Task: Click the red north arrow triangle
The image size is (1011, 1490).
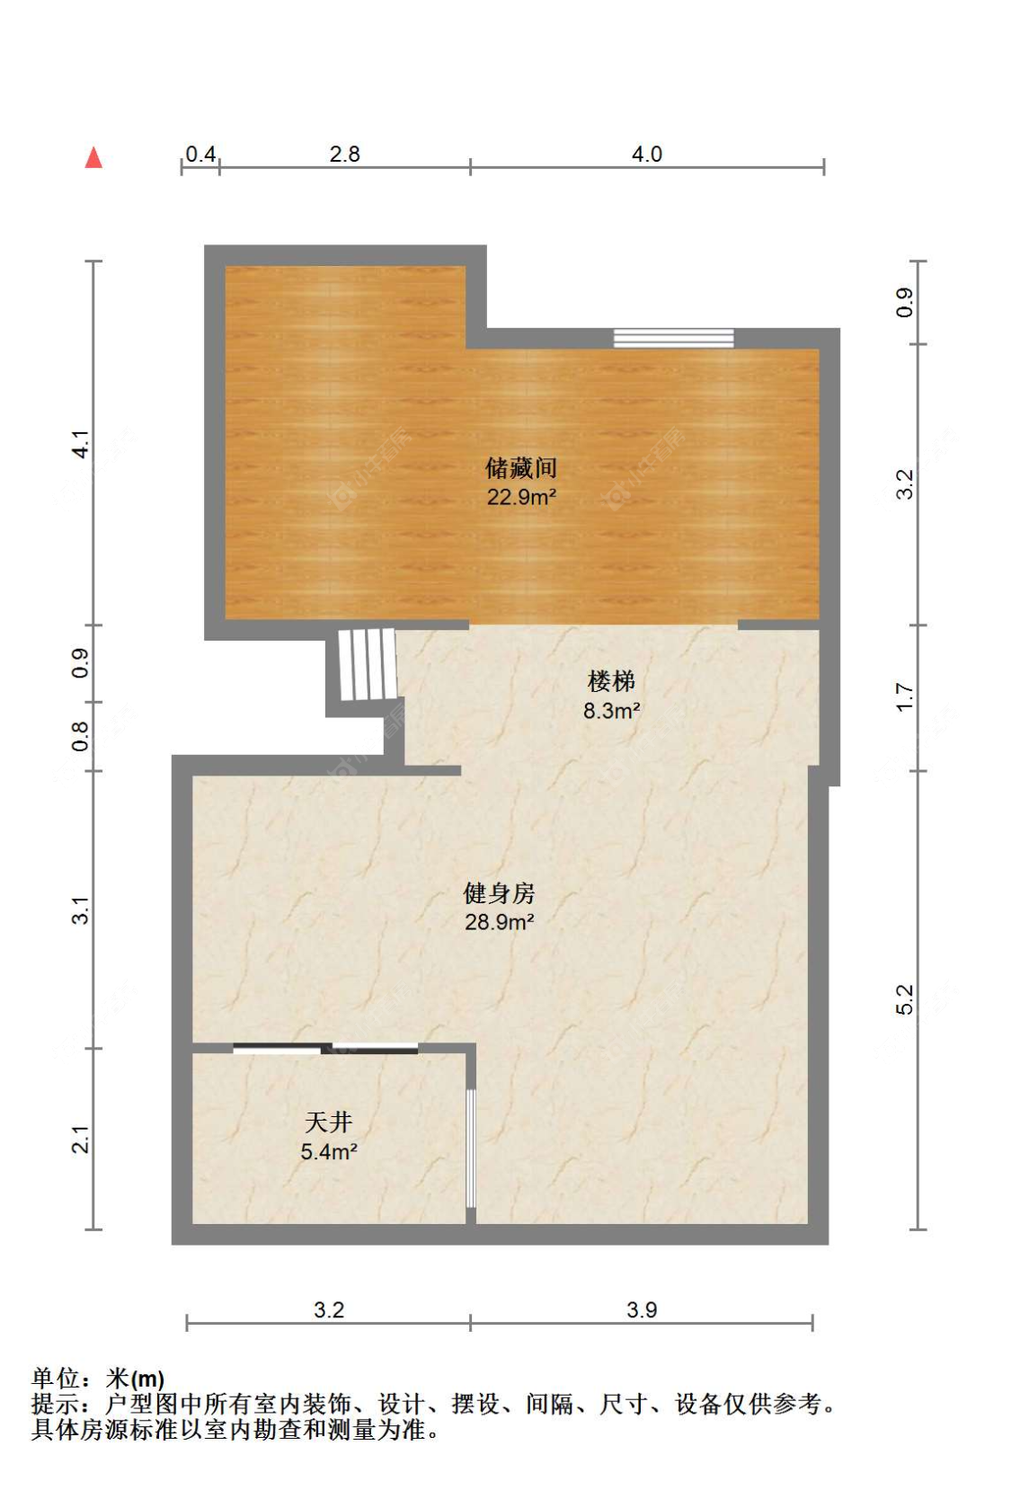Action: point(93,157)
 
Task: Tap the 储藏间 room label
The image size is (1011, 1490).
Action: point(521,468)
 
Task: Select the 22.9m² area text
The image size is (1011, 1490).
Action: point(521,497)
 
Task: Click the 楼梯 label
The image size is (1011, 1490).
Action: point(611,681)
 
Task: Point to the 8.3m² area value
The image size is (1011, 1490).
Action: point(611,711)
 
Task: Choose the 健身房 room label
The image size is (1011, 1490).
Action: point(499,893)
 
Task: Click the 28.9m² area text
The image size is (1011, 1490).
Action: point(499,922)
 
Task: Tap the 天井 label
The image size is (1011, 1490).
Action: point(329,1122)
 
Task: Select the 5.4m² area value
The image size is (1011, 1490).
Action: point(329,1151)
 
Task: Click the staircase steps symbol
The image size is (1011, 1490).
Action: point(368,664)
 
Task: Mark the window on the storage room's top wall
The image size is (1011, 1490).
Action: point(673,338)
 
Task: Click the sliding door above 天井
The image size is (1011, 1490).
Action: point(326,1049)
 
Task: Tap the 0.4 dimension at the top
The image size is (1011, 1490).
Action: point(200,155)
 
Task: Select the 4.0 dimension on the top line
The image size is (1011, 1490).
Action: point(646,155)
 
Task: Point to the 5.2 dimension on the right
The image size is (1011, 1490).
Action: point(905,999)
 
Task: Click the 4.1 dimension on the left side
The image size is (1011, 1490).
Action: point(81,444)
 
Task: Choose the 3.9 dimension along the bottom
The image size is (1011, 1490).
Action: point(642,1309)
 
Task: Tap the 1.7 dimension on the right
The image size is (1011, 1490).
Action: point(905,697)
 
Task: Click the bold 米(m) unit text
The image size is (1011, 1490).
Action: point(135,1379)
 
